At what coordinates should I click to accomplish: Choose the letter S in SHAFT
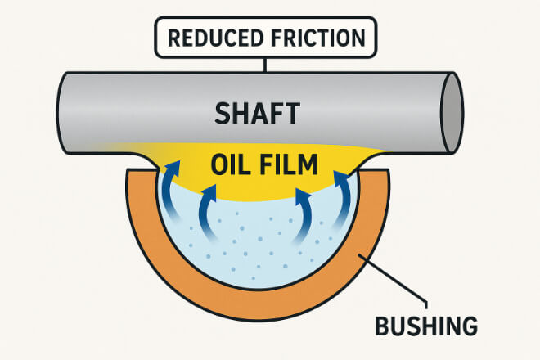click(223, 113)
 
